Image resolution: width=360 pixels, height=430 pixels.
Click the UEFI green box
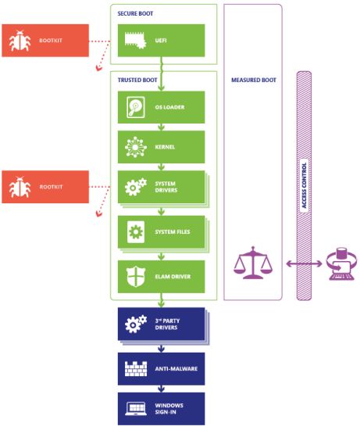point(161,41)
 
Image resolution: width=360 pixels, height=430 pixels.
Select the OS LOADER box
point(161,106)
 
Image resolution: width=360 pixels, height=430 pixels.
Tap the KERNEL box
point(161,146)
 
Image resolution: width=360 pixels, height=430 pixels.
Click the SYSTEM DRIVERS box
point(161,188)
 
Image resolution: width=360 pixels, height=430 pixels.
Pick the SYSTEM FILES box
point(161,232)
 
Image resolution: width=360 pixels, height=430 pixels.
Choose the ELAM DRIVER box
point(161,275)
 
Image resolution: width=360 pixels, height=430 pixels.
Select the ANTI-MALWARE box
point(161,365)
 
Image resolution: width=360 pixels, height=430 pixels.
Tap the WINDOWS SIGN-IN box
point(161,407)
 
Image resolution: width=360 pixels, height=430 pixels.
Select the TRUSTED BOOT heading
point(137,80)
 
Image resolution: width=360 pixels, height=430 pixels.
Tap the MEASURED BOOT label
point(254,80)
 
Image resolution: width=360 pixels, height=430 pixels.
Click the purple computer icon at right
point(339,264)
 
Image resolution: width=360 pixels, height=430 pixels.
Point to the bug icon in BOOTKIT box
point(20,41)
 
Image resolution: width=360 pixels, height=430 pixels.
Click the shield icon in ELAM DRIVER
point(133,275)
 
